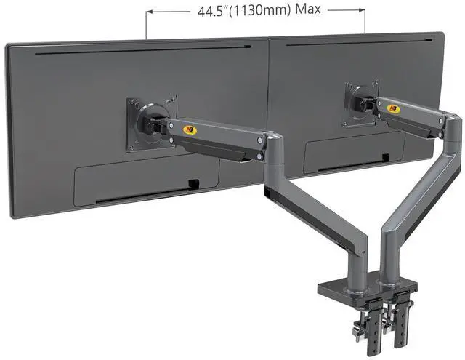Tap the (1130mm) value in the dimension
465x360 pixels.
pyautogui.click(x=260, y=11)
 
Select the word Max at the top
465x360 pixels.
pyautogui.click(x=308, y=9)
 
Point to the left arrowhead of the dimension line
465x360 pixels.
pyautogui.click(x=149, y=12)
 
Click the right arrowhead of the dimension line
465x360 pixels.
pyautogui.click(x=362, y=9)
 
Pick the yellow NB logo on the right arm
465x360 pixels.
pyautogui.click(x=394, y=109)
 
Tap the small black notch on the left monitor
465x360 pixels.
pyautogui.click(x=194, y=184)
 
